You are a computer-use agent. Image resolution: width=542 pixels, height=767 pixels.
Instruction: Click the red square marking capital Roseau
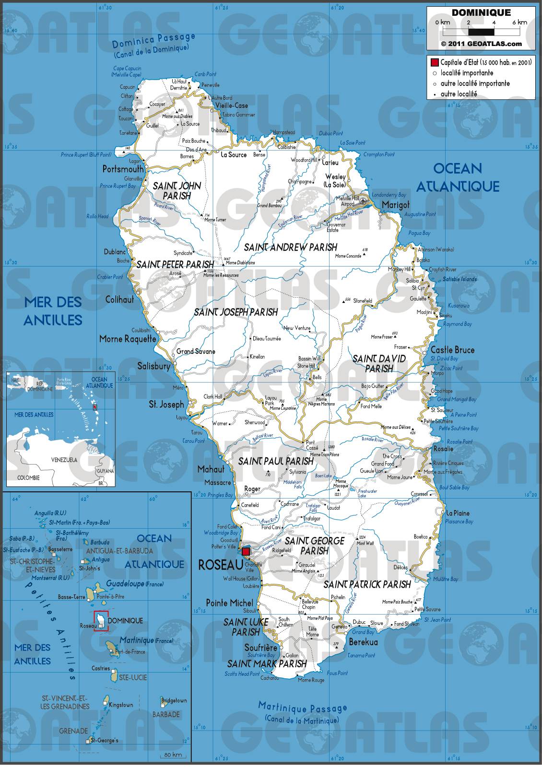(x=246, y=551)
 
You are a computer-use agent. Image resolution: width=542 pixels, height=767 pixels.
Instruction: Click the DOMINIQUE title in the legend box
(x=481, y=13)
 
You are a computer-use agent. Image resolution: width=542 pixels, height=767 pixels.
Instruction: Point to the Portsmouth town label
(x=123, y=169)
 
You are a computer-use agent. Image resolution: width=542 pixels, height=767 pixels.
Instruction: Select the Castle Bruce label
(x=452, y=350)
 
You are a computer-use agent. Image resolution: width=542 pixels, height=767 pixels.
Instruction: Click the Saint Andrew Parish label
(x=290, y=247)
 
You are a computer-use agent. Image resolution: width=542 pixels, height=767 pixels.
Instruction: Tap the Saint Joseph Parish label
(x=236, y=312)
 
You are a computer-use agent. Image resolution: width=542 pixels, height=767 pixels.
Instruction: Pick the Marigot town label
(x=395, y=205)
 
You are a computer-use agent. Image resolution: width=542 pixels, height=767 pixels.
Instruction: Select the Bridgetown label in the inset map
(x=175, y=700)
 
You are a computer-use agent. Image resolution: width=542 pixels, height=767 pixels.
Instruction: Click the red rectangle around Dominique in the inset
(x=101, y=621)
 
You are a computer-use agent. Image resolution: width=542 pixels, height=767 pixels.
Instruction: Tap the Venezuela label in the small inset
(x=64, y=460)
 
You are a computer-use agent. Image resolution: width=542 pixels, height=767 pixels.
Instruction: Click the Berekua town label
(x=363, y=642)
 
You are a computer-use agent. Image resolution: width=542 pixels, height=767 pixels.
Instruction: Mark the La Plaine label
(x=458, y=513)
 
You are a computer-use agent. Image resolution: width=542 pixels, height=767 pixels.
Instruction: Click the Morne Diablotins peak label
(x=240, y=263)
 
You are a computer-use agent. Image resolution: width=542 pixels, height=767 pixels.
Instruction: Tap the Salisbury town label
(x=153, y=366)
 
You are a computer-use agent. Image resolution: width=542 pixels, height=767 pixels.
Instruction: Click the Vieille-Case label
(x=231, y=105)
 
